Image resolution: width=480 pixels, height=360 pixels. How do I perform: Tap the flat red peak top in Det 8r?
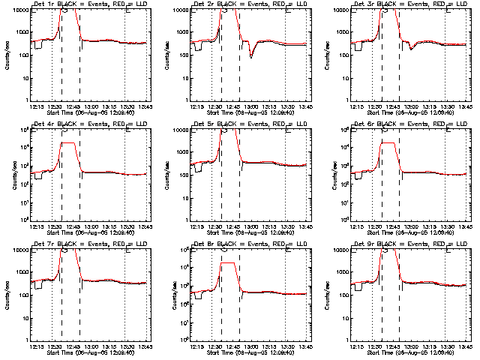(x=228, y=262)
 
